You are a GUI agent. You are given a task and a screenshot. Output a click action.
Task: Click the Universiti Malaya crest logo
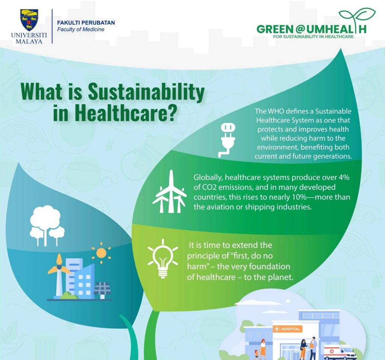click(x=29, y=20)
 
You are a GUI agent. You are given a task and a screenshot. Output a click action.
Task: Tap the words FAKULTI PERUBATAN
click(x=86, y=23)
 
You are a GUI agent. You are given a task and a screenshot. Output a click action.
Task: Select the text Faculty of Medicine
click(x=80, y=29)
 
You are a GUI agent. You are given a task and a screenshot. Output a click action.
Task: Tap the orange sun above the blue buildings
click(x=101, y=253)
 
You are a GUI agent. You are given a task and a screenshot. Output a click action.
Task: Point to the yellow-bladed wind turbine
click(x=59, y=272)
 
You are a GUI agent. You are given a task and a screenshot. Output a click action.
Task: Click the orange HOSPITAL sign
click(x=288, y=329)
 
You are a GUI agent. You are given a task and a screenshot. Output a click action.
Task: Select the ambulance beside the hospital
click(x=339, y=352)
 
